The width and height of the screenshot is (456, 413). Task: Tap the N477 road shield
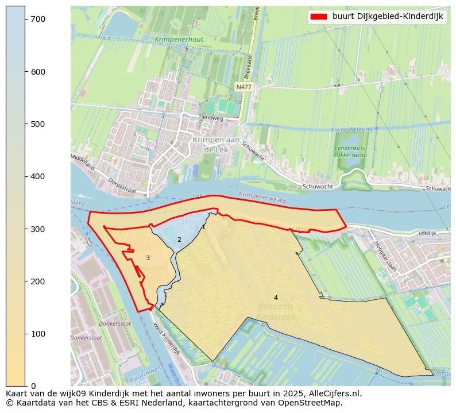point(244,87)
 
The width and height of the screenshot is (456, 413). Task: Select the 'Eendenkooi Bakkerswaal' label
point(351,151)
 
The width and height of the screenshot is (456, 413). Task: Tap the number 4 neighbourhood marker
point(276,298)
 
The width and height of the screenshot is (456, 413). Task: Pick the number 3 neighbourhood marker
point(148,258)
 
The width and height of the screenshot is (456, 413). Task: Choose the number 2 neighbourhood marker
point(179,240)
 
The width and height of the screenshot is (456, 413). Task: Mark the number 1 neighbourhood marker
point(203,227)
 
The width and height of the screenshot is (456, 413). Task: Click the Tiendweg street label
point(210,118)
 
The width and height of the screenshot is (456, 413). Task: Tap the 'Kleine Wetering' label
point(352,130)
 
